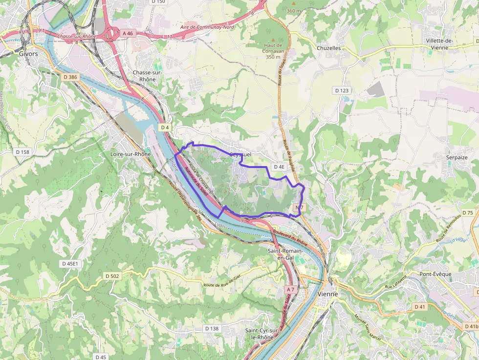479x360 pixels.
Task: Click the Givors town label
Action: [x=28, y=54]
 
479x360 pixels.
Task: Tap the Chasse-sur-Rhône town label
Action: [x=147, y=76]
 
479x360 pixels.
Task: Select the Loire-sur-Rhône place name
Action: [x=128, y=154]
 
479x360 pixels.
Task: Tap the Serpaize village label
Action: [x=457, y=157]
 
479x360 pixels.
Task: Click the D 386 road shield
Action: [x=70, y=77]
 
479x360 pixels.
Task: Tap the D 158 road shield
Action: [x=22, y=152]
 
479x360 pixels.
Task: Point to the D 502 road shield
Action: [x=112, y=276]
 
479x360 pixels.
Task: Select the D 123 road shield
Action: [x=342, y=90]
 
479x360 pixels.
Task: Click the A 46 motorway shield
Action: [x=128, y=33]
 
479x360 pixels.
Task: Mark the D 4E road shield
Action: [x=279, y=167]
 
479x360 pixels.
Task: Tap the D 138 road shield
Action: [x=212, y=328]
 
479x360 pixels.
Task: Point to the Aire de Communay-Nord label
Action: [x=207, y=27]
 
